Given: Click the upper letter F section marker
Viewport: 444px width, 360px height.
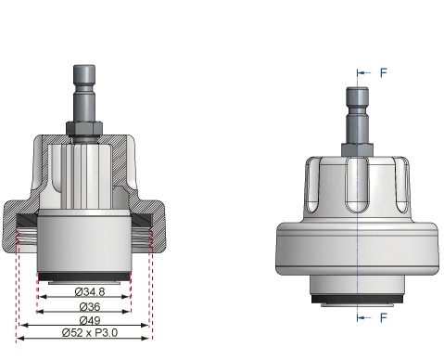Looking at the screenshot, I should pos(384,71).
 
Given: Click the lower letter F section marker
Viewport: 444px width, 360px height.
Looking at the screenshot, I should pos(384,317).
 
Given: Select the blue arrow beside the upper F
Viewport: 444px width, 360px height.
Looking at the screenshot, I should pos(365,71).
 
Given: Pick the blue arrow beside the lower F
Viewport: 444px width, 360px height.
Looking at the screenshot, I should pos(365,317).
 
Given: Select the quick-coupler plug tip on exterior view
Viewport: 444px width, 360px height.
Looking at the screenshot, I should pos(358,96).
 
